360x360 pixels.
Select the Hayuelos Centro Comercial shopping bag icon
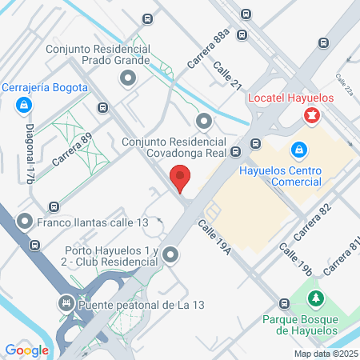(298, 150)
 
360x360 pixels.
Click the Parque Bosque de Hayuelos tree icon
(317, 299)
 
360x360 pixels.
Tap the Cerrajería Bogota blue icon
(26, 104)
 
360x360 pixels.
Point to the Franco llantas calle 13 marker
(26, 221)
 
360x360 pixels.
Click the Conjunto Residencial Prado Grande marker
(127, 78)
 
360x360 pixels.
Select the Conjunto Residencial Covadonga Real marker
(204, 122)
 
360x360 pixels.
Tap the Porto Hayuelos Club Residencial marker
(170, 255)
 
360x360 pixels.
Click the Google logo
(26, 350)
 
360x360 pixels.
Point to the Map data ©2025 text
(325, 353)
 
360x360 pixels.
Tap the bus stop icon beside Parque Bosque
(284, 304)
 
